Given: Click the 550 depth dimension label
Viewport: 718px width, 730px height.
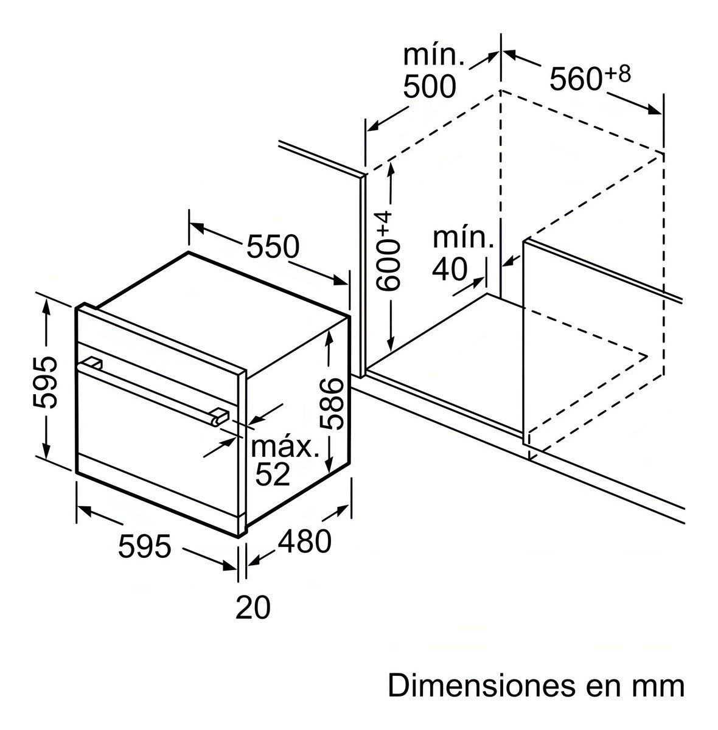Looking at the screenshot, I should (x=273, y=246).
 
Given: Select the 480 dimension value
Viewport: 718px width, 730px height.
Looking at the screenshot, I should (x=305, y=541).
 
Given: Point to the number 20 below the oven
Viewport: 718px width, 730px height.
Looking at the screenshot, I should (x=253, y=607).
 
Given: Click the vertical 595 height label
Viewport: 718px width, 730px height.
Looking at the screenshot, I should (x=46, y=381).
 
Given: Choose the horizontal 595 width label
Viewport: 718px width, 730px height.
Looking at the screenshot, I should (x=145, y=546).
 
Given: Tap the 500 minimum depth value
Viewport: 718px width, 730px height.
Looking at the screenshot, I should (x=430, y=87).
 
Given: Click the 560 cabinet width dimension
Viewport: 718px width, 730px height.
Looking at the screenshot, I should (x=576, y=79).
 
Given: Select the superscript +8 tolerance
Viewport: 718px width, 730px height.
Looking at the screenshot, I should (x=618, y=74).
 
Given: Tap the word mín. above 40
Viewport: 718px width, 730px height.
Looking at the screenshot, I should (x=462, y=238).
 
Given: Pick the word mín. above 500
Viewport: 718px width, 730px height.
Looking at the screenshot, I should (x=434, y=57).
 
